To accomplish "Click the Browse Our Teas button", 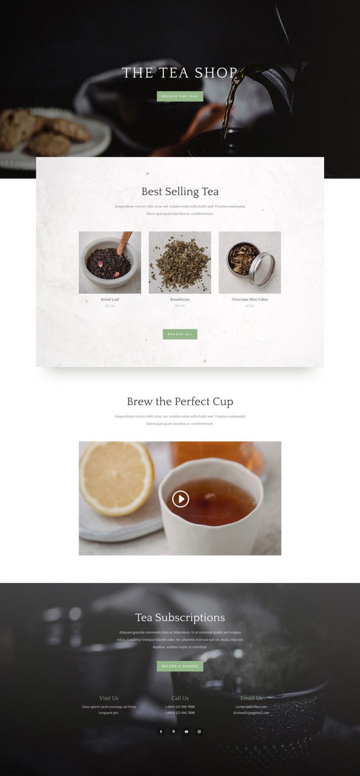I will pos(180,97).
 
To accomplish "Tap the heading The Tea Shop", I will pos(180,73).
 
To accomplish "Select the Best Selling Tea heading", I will pos(180,192).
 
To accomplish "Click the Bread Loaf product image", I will pos(110,262).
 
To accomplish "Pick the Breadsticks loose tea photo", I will pos(180,262).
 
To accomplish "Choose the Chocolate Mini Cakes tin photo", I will pos(250,262).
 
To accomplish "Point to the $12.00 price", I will pos(110,306).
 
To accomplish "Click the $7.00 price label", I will pos(250,306).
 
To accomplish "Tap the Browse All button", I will pos(180,334).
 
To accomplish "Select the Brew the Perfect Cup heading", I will pos(180,402).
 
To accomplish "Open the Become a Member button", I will pos(180,666).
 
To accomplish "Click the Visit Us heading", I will pos(109,698).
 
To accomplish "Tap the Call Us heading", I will pos(180,698).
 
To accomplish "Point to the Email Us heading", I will pos(251,698).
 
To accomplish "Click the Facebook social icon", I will pos(161,731).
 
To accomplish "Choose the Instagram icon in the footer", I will pos(199,731).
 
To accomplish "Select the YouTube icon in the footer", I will pos(187,731).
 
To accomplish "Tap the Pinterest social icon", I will pos(173,731).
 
